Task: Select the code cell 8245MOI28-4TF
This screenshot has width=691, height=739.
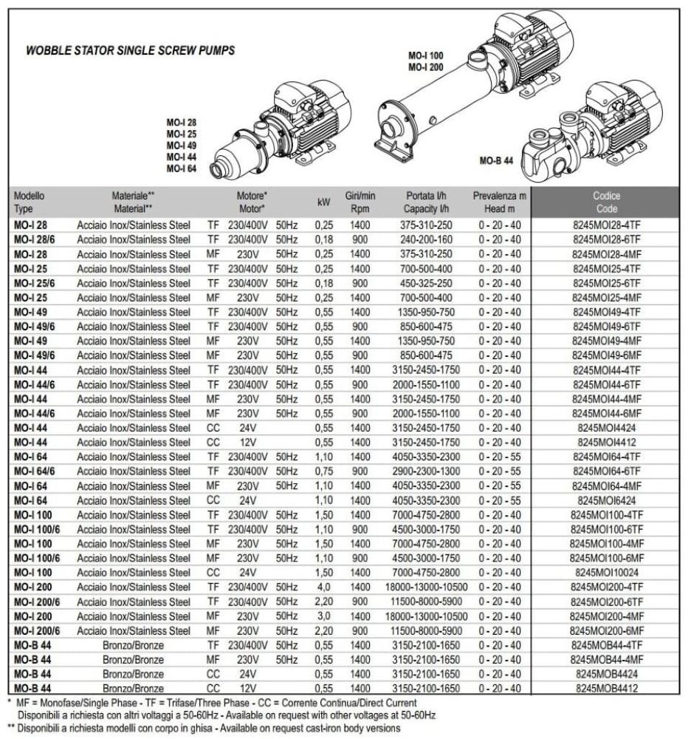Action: [605, 225]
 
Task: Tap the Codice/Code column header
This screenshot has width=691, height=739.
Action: [605, 202]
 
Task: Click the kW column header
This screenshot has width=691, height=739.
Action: [323, 202]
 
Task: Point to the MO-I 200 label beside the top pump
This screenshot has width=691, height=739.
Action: [426, 67]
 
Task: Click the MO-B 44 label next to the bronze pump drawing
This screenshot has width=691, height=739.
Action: [496, 160]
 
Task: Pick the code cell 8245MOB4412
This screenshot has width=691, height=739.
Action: [605, 688]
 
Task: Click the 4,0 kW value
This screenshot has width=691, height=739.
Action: [323, 587]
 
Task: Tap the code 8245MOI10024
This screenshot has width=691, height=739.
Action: [605, 572]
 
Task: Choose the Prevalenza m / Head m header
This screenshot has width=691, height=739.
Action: [500, 202]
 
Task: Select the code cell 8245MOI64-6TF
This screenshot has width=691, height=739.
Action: [605, 471]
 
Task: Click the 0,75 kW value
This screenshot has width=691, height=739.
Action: [323, 471]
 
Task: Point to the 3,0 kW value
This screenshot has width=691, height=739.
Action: [323, 616]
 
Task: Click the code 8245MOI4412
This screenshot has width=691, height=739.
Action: [605, 442]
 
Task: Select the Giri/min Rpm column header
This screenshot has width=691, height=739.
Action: [360, 202]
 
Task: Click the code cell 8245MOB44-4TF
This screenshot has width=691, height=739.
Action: [605, 644]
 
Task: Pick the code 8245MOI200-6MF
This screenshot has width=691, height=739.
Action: [605, 630]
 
